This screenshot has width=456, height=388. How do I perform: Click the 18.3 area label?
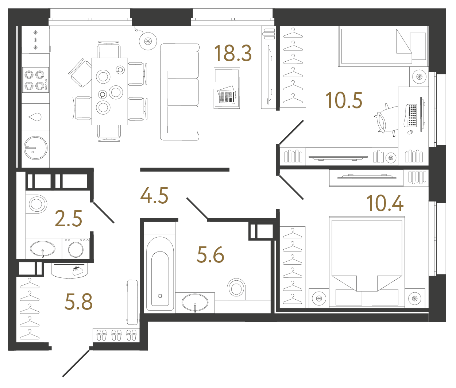click(233, 53)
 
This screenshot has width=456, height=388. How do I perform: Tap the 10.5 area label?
click(344, 100)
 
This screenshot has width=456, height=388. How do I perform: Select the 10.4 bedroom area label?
click(384, 203)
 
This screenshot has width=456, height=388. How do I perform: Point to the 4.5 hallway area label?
click(154, 196)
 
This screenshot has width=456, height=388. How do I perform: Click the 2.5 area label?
click(69, 219)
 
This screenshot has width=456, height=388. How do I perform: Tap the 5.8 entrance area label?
click(79, 302)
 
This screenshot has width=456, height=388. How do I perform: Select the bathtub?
click(160, 274)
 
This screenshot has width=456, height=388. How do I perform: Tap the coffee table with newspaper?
click(227, 88)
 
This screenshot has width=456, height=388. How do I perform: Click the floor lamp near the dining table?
click(148, 41)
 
